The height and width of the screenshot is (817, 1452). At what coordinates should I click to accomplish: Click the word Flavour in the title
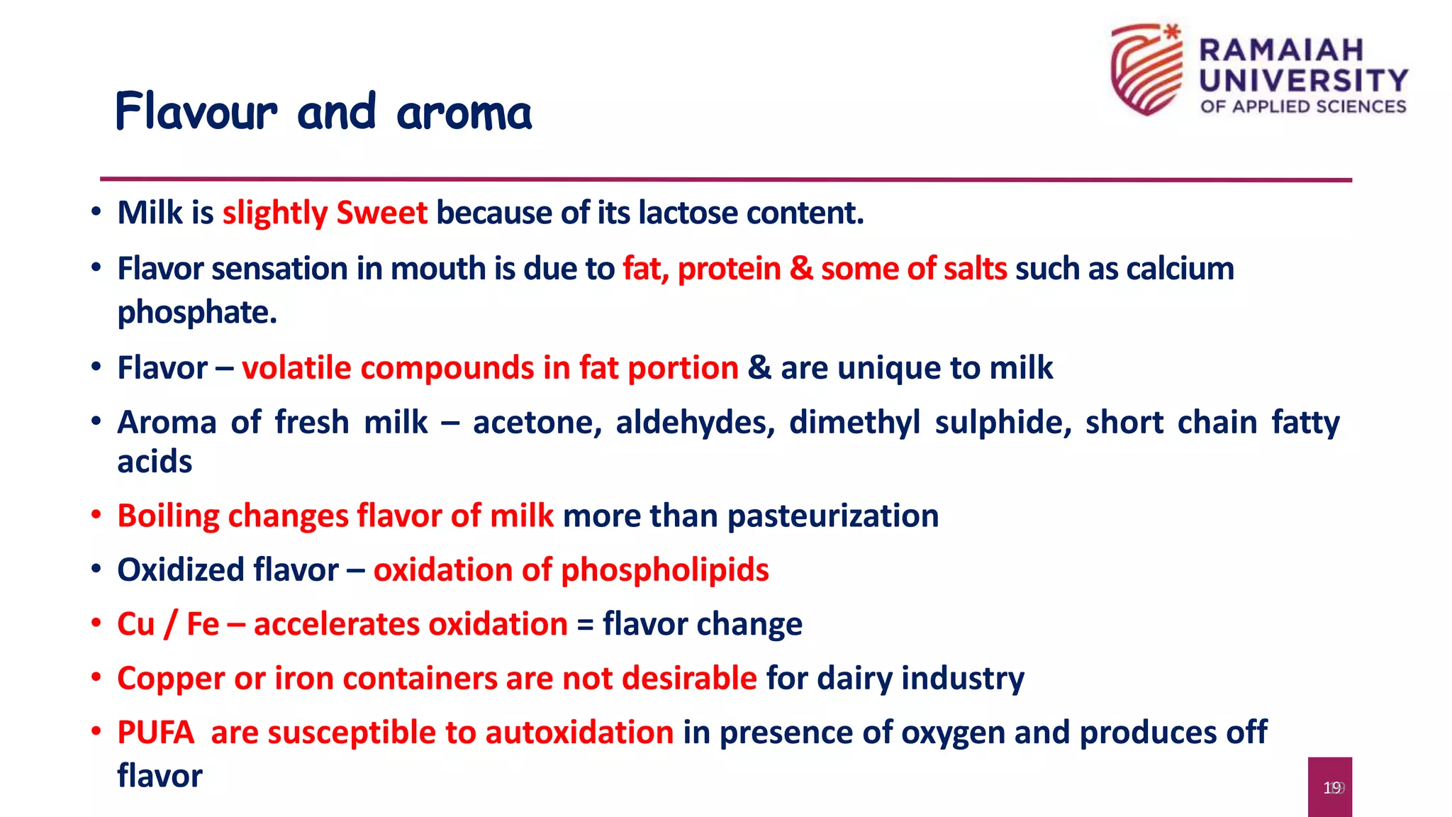point(196,112)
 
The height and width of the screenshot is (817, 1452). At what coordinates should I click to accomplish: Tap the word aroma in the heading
point(464,113)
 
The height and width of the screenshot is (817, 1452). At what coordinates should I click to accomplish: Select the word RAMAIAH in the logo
point(1281,50)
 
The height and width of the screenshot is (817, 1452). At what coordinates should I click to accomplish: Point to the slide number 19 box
point(1329,787)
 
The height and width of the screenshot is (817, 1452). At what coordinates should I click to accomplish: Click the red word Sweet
point(381,213)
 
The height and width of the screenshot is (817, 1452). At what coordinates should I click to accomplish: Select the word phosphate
point(196,312)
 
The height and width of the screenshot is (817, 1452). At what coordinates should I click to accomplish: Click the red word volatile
point(296,368)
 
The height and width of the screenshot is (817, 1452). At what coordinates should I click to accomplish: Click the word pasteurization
point(833,516)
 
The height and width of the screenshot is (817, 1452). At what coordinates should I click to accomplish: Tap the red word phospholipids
point(664,570)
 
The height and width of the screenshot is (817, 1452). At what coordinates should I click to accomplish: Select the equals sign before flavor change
point(585,625)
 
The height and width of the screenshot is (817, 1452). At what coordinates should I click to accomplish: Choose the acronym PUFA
point(155,733)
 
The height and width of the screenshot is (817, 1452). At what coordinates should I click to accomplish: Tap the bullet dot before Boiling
point(96,516)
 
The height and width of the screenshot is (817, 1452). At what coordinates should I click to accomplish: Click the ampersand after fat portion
point(759,368)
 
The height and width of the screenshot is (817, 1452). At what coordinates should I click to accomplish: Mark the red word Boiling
point(168,516)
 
